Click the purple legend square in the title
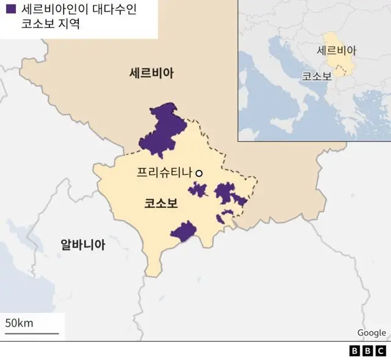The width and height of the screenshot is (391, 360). (10, 10)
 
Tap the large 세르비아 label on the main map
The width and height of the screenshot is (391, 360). (152, 73)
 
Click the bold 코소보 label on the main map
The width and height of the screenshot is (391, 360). (161, 204)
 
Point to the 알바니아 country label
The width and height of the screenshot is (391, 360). (82, 245)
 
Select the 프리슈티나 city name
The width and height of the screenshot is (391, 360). (163, 174)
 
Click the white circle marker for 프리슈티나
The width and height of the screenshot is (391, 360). (199, 174)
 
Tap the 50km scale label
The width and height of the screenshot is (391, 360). (19, 323)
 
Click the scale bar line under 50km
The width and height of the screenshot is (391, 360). (32, 333)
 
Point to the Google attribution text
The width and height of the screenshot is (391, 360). (371, 332)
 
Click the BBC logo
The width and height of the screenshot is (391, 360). (368, 351)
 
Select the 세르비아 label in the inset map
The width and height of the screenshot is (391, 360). (337, 51)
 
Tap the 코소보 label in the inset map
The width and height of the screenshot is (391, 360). (316, 76)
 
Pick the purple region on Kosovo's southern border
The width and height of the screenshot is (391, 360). (183, 232)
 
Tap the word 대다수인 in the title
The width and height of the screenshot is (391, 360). (107, 10)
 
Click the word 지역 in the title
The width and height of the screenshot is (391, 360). (66, 26)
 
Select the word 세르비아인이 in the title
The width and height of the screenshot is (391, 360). (50, 10)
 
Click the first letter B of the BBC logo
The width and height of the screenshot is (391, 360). (355, 351)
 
